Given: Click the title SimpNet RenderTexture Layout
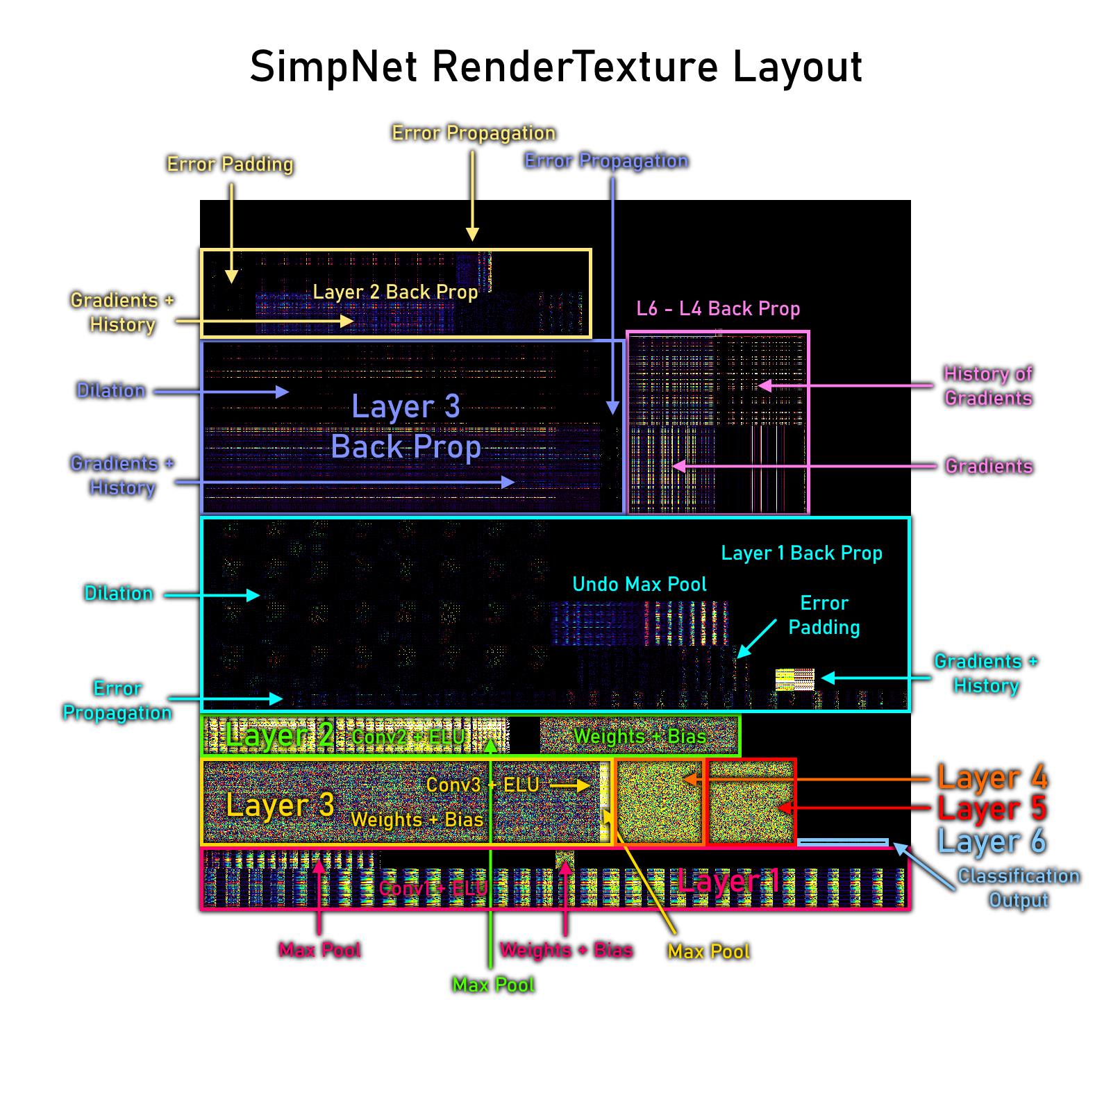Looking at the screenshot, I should (x=555, y=67).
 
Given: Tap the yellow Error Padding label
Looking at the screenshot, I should (x=231, y=165).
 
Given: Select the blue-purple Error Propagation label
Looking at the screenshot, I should (x=605, y=161).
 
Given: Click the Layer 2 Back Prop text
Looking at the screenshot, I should (x=395, y=292).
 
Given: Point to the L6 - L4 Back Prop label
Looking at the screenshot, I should (x=718, y=309).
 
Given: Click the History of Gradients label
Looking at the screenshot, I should (x=988, y=386).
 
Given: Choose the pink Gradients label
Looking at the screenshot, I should (x=989, y=467).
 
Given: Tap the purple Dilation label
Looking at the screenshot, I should (x=111, y=391).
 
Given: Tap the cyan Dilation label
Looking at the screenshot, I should (x=119, y=594).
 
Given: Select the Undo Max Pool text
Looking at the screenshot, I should (x=639, y=585).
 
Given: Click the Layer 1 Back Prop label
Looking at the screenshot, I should (x=801, y=553).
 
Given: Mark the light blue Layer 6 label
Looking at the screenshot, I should (x=992, y=842).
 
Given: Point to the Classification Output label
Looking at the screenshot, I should (x=1019, y=888).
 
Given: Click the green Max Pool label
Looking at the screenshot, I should (x=494, y=985).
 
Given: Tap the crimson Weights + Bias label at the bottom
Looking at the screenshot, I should (x=567, y=950).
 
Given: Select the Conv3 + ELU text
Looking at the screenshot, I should (x=483, y=785).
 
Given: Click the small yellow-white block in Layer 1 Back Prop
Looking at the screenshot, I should (x=794, y=679).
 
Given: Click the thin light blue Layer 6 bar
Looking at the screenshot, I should (x=842, y=843).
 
